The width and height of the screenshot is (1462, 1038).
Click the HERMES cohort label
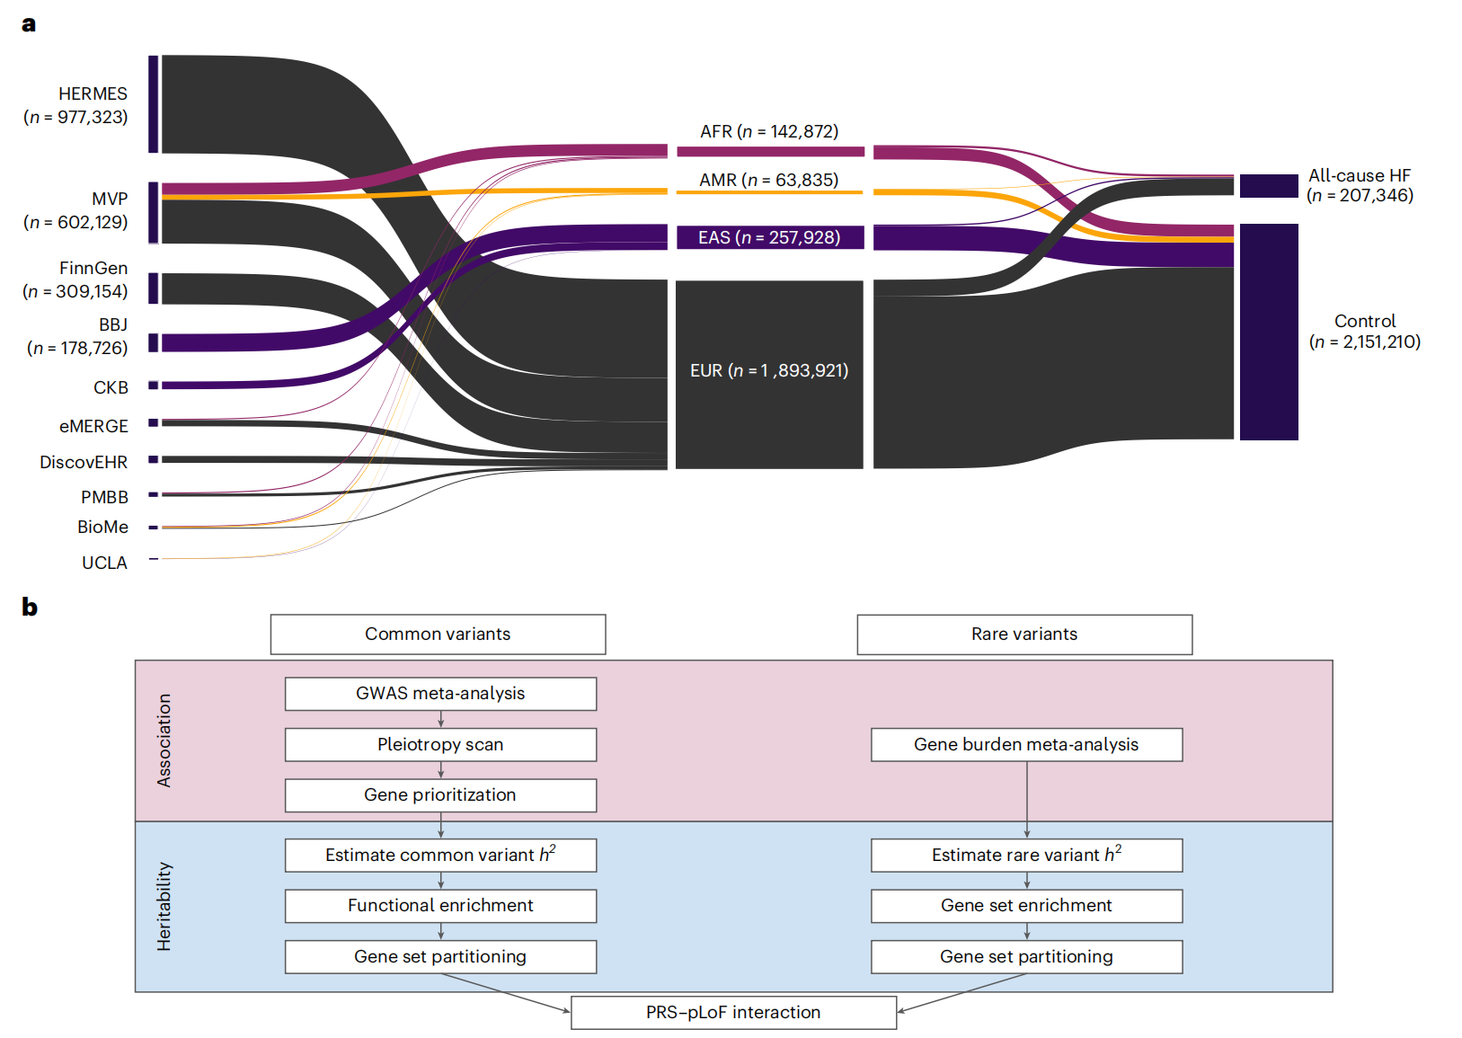76,105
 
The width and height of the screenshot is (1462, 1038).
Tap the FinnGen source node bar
154,288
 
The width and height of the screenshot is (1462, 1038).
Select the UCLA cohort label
104,563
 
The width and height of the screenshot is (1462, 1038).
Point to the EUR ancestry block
769,375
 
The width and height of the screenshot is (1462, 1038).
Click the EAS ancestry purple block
770,237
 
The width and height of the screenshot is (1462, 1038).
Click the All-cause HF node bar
1269,186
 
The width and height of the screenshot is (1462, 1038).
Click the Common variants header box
438,634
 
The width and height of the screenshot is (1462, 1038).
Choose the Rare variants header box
1024,634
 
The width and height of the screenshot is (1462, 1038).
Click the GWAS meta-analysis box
440,693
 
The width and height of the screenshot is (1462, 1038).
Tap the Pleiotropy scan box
440,744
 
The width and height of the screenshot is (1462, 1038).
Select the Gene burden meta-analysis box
1027,744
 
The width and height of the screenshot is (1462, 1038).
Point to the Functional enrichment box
440,906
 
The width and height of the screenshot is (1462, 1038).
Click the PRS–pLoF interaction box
733,1013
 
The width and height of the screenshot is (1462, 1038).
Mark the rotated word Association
164,741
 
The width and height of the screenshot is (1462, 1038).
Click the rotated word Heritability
164,907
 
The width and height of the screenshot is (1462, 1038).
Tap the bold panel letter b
30,607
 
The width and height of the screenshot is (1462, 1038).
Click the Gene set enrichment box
1027,906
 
